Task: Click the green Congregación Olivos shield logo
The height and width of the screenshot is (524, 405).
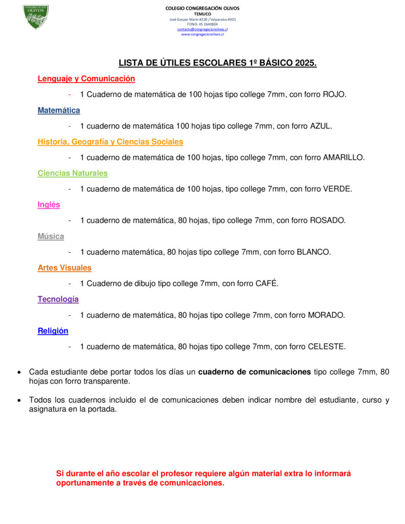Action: click(x=36, y=16)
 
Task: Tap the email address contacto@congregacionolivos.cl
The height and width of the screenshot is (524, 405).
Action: click(x=202, y=29)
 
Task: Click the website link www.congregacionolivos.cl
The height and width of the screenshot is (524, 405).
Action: click(x=202, y=34)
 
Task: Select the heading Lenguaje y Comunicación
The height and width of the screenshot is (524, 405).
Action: click(x=86, y=79)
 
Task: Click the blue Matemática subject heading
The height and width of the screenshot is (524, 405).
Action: click(x=59, y=110)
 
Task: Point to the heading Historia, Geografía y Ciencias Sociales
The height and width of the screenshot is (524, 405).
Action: click(x=110, y=142)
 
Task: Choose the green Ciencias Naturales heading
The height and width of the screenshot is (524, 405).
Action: click(x=73, y=173)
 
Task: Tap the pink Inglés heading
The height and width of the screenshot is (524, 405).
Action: click(x=49, y=205)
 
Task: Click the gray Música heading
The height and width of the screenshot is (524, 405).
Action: click(x=51, y=236)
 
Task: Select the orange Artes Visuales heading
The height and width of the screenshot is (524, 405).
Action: click(x=65, y=268)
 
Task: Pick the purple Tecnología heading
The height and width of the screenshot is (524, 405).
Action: click(x=58, y=299)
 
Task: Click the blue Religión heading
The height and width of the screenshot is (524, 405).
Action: click(x=53, y=331)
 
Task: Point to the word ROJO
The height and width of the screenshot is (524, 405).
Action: click(x=334, y=95)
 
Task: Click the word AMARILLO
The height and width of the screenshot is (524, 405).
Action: click(x=344, y=158)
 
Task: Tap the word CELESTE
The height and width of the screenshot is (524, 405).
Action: click(x=327, y=346)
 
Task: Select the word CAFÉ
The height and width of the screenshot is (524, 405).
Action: click(x=267, y=283)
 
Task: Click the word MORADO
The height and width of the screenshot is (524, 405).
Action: click(x=326, y=315)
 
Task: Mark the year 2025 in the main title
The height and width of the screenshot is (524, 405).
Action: click(x=306, y=63)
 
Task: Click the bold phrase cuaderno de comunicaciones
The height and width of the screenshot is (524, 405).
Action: click(x=254, y=372)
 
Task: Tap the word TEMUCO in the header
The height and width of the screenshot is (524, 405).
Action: click(x=202, y=14)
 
